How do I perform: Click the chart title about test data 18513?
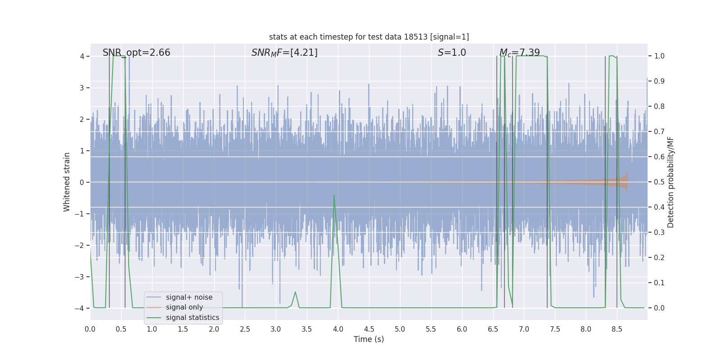pyautogui.click(x=369, y=37)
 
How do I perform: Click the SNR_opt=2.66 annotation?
pyautogui.click(x=136, y=53)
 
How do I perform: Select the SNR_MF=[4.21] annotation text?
pyautogui.click(x=284, y=53)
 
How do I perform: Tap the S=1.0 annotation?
pyautogui.click(x=452, y=53)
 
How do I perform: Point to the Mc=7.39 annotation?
pyautogui.click(x=520, y=53)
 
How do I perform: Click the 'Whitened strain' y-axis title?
pyautogui.click(x=67, y=182)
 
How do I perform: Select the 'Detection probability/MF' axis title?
pyautogui.click(x=670, y=182)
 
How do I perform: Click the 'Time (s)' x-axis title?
pyautogui.click(x=369, y=339)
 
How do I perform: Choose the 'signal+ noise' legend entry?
pyautogui.click(x=189, y=297)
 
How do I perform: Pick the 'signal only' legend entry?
pyautogui.click(x=184, y=307)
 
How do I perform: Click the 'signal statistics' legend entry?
pyautogui.click(x=192, y=318)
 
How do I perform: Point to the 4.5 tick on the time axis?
pyautogui.click(x=369, y=329)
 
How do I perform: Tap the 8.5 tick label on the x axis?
pyautogui.click(x=617, y=329)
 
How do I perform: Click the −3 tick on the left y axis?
pyautogui.click(x=81, y=277)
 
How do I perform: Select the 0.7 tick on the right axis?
pyautogui.click(x=659, y=132)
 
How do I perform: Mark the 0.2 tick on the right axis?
pyautogui.click(x=659, y=258)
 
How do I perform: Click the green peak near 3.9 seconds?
pyautogui.click(x=334, y=195)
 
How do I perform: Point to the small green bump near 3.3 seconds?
pyautogui.click(x=295, y=292)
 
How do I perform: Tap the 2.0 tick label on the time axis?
pyautogui.click(x=214, y=329)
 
